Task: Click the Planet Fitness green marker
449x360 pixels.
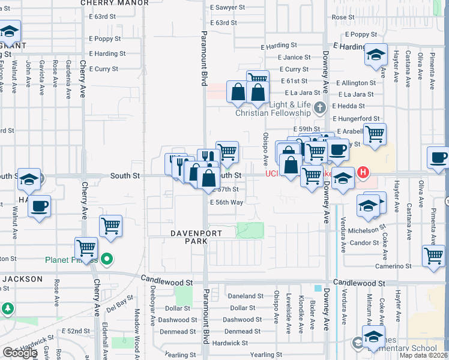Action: (107, 260)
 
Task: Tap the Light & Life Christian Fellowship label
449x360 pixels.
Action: (273, 109)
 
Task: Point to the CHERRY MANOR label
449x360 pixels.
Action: (114, 3)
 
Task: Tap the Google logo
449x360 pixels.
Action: (19, 353)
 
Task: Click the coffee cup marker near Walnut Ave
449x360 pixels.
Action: (40, 206)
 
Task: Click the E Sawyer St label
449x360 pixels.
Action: (228, 7)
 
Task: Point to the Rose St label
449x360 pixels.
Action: (343, 17)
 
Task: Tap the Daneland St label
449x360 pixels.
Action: (246, 296)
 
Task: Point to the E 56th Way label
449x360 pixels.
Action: (226, 203)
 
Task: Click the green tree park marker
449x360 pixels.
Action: (8, 308)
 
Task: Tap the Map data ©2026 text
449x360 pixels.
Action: (423, 355)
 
